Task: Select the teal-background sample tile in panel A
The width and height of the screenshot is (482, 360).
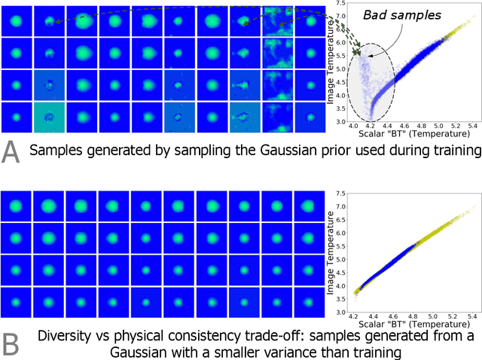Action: [x=48, y=118]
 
